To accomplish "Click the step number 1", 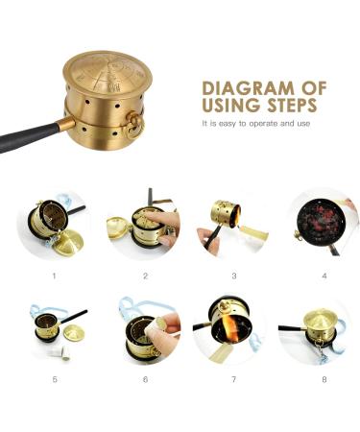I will tap(54, 276).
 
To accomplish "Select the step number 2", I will tap(145, 276).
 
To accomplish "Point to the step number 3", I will tap(233, 276).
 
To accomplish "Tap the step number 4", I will tap(324, 276).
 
